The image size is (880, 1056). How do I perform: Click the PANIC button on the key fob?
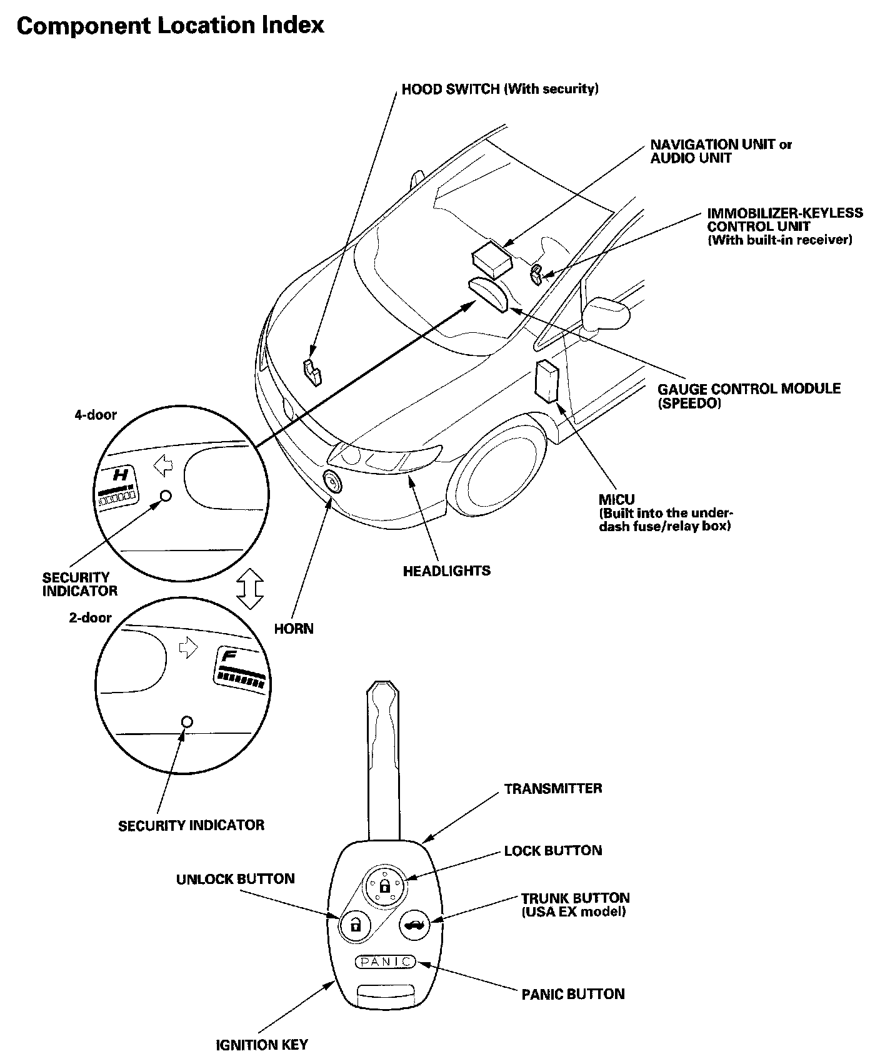(x=385, y=961)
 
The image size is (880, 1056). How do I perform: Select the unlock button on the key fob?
(x=355, y=924)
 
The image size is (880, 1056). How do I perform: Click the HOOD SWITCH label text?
(x=500, y=89)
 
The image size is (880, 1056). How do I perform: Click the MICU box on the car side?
(x=547, y=380)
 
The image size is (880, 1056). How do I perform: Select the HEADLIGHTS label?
(x=446, y=571)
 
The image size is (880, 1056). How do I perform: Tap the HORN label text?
(x=294, y=628)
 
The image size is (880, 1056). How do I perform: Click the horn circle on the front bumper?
(x=332, y=482)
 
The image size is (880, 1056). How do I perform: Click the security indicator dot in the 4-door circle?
(x=166, y=495)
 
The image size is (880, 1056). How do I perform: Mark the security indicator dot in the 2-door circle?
(x=186, y=722)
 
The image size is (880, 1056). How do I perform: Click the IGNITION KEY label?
(x=262, y=1044)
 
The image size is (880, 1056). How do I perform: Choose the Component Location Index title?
(x=170, y=26)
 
